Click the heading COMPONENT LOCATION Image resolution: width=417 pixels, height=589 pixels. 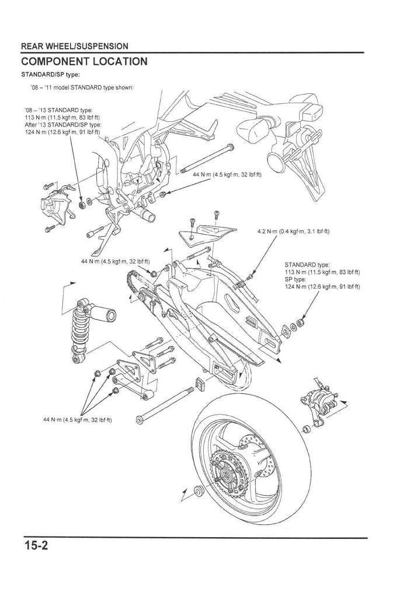tap(84, 62)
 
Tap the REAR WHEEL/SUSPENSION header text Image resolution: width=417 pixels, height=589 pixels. tap(75, 46)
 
